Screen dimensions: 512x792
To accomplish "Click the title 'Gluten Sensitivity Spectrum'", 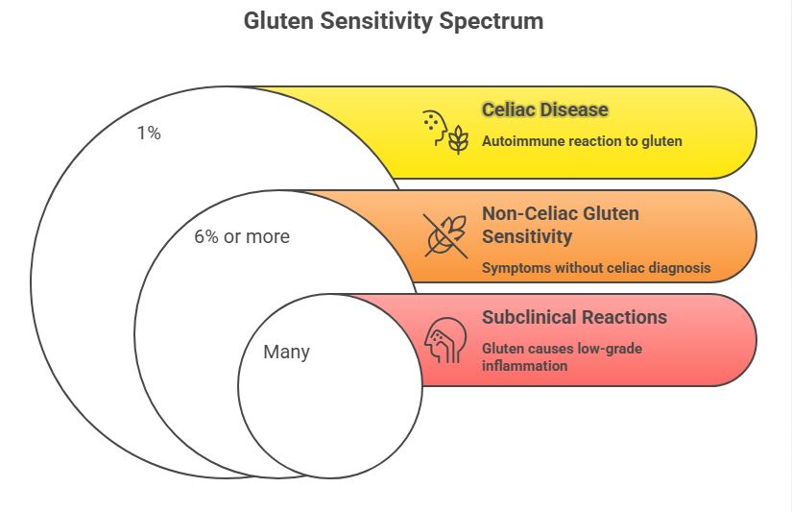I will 394,21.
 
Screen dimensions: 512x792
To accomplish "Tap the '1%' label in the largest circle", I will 148,134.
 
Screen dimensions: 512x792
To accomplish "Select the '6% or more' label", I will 241,236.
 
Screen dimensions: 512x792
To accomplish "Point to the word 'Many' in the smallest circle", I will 286,352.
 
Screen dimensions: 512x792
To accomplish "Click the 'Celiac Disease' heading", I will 544,110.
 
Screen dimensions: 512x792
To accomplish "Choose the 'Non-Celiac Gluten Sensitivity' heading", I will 560,225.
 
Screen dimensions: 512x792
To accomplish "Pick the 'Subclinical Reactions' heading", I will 574,317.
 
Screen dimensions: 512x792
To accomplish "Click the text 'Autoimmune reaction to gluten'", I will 582,141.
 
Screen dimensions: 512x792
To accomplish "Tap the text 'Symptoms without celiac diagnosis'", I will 595,268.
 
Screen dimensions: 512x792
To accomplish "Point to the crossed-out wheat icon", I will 446,235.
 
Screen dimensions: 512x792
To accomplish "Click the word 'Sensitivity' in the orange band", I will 526,236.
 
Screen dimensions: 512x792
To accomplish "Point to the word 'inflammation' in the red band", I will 524,366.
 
